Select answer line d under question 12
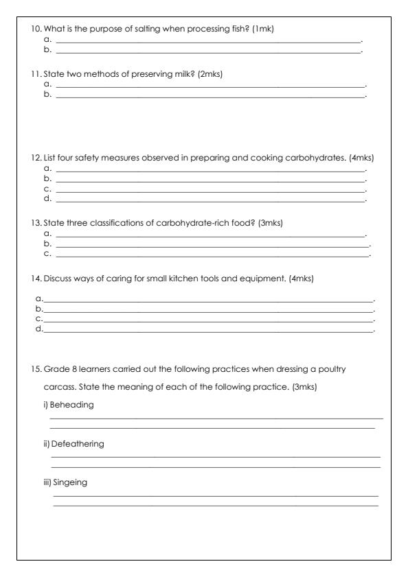tap(209, 199)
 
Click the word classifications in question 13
tap(116, 223)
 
